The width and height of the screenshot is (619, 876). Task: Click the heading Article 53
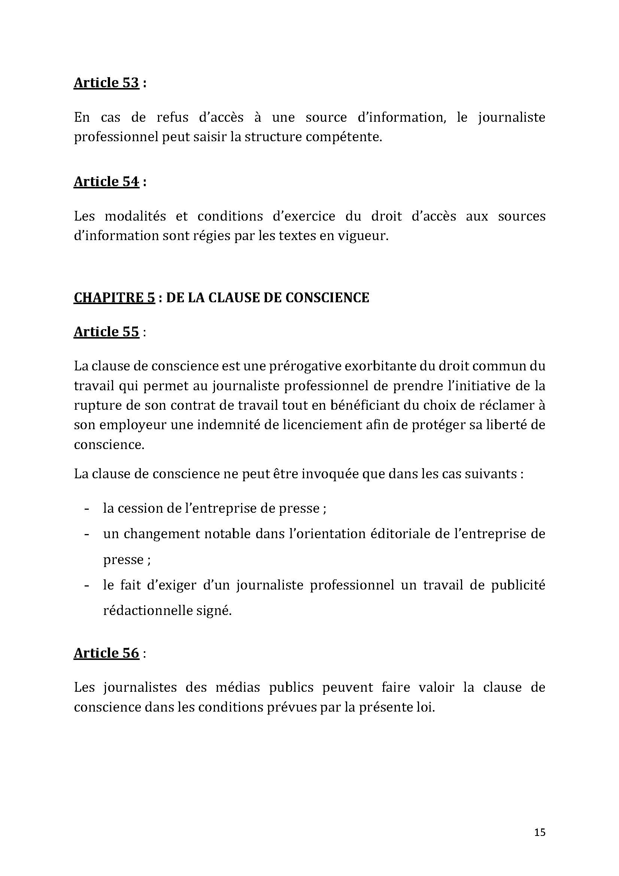(x=106, y=83)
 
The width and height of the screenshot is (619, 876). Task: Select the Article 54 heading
(x=106, y=182)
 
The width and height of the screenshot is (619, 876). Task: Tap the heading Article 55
(x=106, y=332)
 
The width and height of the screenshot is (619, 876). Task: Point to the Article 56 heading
(x=106, y=653)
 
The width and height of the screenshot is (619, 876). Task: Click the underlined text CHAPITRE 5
(x=115, y=298)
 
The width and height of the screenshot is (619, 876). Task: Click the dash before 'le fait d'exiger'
(x=87, y=586)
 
